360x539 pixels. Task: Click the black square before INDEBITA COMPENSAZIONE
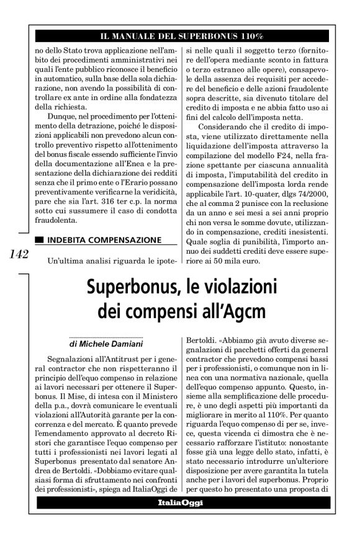coord(40,239)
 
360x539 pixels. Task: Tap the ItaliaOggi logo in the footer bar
coord(182,502)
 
